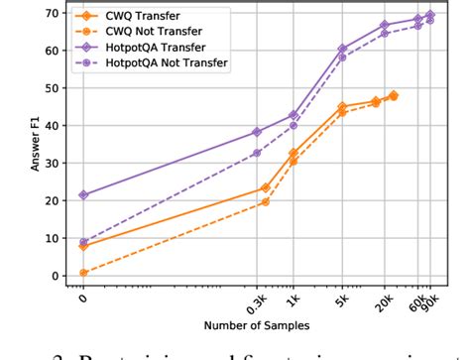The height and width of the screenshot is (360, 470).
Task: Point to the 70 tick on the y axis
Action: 60,13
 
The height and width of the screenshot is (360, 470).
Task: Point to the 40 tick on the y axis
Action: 60,125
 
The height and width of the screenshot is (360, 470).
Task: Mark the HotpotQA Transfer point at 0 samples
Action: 83,194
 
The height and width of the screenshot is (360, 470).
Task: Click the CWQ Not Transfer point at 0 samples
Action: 83,273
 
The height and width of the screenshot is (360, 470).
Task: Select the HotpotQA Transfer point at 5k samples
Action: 342,49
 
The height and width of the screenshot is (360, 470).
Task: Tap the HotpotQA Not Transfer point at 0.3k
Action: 257,153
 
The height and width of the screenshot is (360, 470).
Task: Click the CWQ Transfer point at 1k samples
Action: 293,154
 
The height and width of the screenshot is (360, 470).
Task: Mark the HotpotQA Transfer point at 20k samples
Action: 384,25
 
